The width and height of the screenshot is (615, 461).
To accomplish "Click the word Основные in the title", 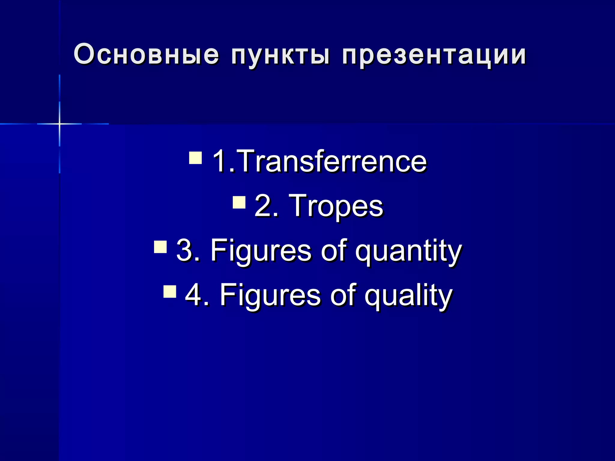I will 146,55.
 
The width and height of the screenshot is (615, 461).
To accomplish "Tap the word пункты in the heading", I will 281,56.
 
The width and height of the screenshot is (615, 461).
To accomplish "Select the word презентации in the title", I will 434,56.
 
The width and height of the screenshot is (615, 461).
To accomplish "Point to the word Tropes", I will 336,206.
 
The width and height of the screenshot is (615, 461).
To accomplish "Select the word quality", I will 408,296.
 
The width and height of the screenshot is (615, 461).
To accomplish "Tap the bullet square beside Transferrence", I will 195,158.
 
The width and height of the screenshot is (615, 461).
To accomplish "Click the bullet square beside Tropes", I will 239,202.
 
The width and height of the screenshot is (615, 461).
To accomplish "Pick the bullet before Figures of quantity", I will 160,247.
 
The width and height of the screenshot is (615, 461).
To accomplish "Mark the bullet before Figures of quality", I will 170,291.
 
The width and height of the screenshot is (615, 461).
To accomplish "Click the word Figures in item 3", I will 261,251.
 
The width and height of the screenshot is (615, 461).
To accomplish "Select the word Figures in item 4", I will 270,295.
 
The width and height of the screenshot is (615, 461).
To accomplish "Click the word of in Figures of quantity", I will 333,250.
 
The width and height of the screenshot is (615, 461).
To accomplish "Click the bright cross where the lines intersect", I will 59,124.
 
